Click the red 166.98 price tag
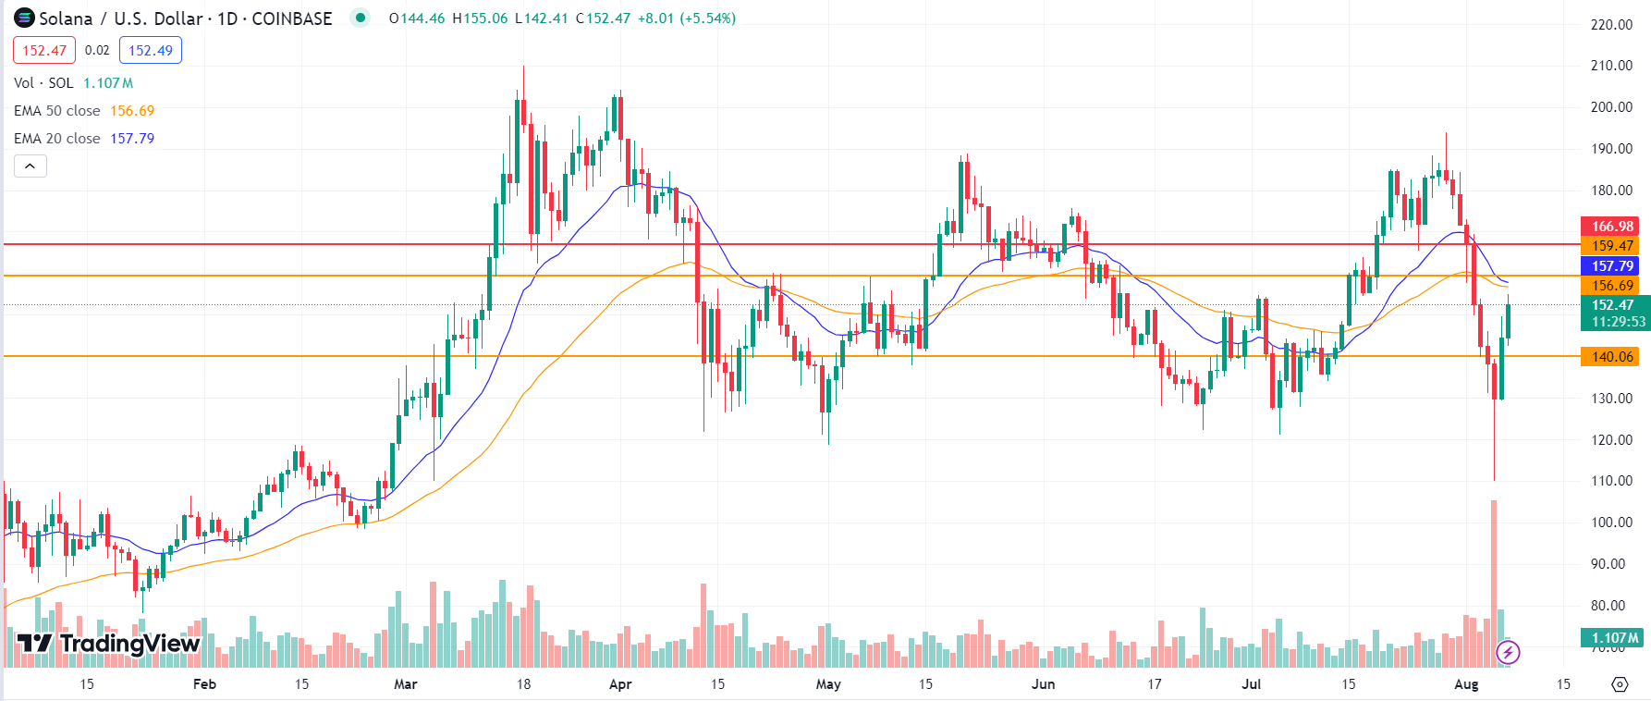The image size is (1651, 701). coord(1612,227)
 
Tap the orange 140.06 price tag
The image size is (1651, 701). coord(1612,357)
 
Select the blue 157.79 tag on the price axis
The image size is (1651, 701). coord(1612,266)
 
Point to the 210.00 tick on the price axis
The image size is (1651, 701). coord(1611,66)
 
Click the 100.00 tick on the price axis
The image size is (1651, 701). coord(1611,523)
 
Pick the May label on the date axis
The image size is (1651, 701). coord(828,684)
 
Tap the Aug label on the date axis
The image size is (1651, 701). coord(1466,684)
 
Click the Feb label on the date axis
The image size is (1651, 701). coord(204,684)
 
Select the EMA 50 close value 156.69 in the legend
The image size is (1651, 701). coord(132,111)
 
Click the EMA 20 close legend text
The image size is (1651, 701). coord(57,139)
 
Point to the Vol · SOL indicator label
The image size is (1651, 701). coord(43,83)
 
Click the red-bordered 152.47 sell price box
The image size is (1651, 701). coord(44,51)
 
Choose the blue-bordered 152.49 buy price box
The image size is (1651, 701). coord(151,51)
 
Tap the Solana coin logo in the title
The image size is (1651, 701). coord(24,18)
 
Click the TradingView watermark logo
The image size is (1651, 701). coord(108,643)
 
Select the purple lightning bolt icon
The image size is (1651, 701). coord(1508,653)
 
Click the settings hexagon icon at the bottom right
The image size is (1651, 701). coord(1620,684)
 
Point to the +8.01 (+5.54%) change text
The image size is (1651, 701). coord(687,18)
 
